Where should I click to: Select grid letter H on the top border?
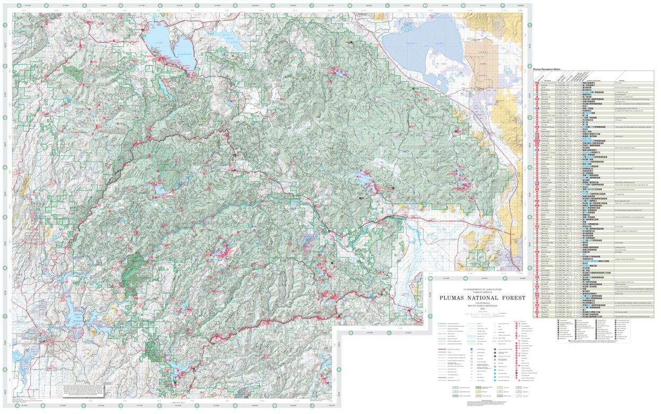273,6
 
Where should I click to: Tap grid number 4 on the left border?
5,168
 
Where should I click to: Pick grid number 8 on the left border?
5,369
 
